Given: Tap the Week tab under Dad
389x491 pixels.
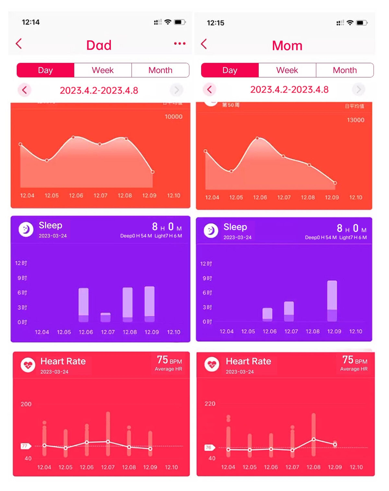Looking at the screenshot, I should [x=103, y=70].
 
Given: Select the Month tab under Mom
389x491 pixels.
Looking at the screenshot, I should [x=345, y=70].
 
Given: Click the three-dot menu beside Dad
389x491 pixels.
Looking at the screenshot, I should [x=180, y=44].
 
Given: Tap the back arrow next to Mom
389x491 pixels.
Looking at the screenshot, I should [x=204, y=44].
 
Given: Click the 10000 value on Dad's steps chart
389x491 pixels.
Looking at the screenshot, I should [x=173, y=117].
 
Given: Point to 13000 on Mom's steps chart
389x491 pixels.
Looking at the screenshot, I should [x=356, y=120].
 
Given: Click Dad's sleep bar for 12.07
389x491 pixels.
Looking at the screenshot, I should [x=106, y=317].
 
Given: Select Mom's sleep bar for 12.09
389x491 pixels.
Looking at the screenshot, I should [x=332, y=301].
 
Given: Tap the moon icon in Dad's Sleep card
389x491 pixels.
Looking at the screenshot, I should [x=26, y=230].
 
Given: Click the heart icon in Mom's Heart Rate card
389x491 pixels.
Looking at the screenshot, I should [x=212, y=364].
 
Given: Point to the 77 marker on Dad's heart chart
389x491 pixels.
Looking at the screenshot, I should [x=25, y=446].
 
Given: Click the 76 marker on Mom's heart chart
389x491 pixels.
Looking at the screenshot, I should [x=209, y=447].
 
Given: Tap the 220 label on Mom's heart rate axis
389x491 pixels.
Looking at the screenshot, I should [x=210, y=404].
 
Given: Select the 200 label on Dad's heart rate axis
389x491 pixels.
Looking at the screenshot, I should [x=26, y=404].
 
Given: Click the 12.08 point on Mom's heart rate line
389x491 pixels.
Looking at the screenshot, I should [x=313, y=439].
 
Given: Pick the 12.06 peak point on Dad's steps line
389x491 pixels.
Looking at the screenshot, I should [x=73, y=137].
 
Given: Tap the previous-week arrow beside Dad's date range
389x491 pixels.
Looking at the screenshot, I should [x=24, y=90].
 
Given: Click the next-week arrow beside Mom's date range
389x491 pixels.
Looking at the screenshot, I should [x=359, y=89].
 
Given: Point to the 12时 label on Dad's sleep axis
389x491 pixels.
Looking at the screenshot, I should [x=21, y=263].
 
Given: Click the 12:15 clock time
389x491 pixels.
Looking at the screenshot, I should [x=216, y=23].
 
